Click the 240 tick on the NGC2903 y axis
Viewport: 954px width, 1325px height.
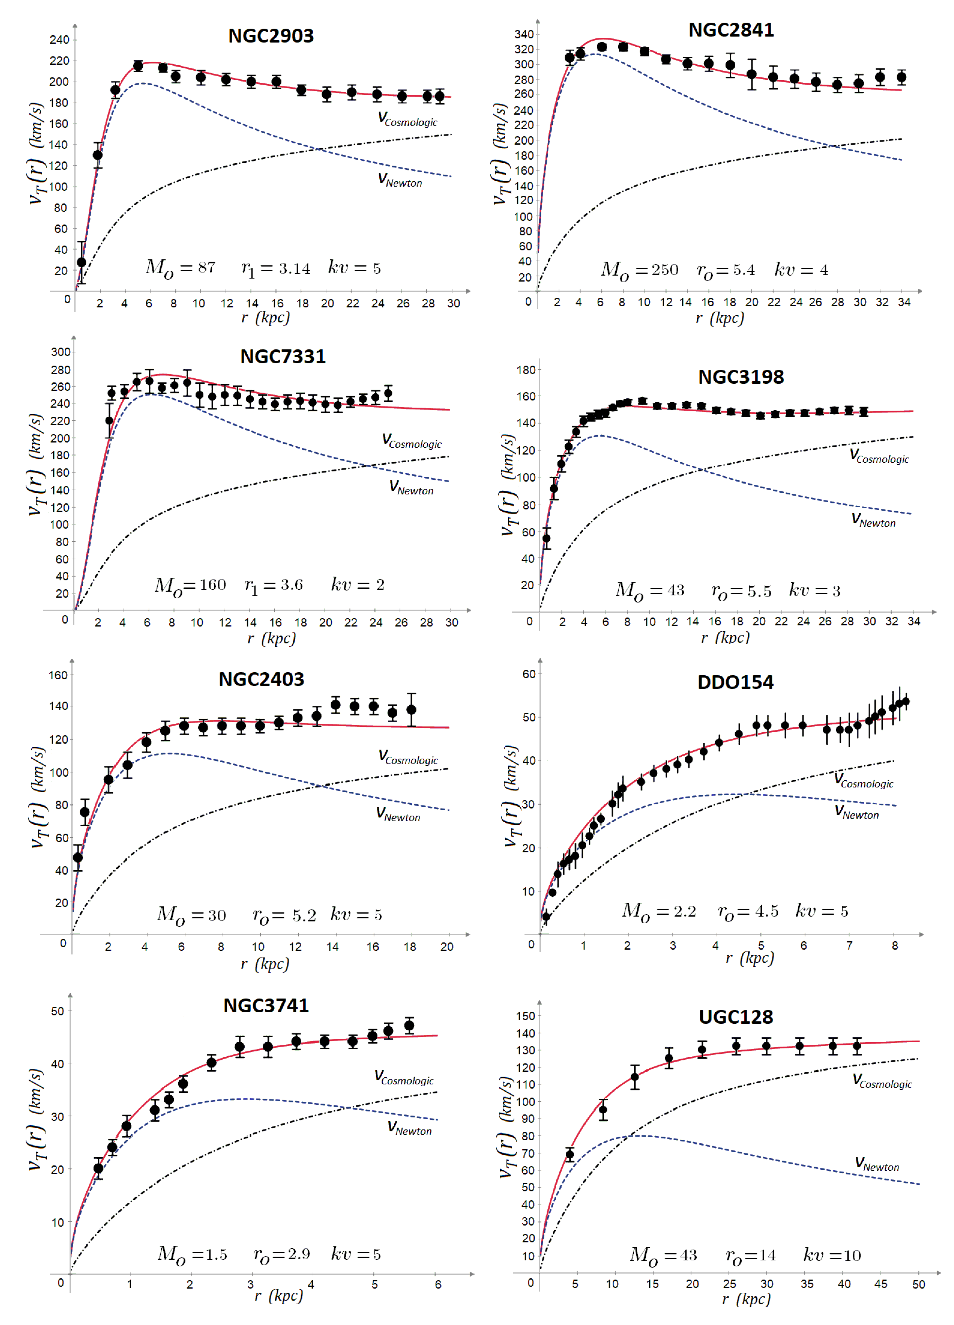point(59,40)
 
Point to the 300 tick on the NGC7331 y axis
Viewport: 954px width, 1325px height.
point(61,352)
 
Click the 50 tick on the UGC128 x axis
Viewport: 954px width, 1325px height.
point(918,1284)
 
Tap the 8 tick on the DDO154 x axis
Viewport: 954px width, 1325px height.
point(895,945)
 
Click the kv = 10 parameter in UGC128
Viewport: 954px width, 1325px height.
point(832,1255)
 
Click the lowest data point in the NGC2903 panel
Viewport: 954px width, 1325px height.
point(82,262)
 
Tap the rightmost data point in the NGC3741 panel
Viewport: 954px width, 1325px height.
point(409,1025)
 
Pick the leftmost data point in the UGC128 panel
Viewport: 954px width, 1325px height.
point(570,1154)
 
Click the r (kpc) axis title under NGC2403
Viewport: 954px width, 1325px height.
point(264,963)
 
